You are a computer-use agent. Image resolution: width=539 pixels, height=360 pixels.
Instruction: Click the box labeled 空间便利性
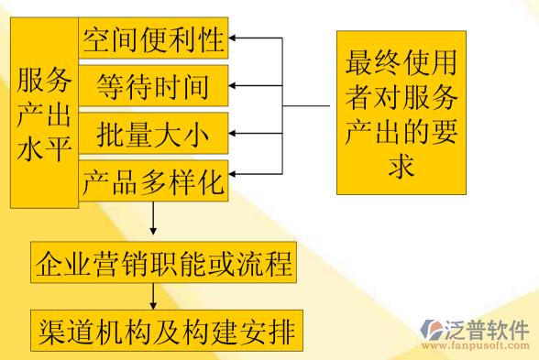coord(153,39)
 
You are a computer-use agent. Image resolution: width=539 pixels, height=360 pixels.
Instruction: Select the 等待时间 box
coord(153,87)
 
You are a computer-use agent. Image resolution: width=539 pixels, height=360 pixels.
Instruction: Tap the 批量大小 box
coord(153,136)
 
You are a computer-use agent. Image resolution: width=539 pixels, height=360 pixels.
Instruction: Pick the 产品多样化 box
coord(153,183)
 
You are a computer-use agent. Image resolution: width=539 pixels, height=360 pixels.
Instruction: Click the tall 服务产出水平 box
coord(44,115)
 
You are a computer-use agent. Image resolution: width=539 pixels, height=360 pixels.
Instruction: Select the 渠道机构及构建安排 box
coord(165,331)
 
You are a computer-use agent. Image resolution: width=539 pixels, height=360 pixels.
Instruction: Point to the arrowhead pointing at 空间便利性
coord(234,39)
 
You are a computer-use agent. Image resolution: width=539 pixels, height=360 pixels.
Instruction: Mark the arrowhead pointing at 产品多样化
coord(234,171)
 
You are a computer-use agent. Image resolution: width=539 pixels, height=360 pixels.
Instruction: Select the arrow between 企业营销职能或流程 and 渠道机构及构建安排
coord(153,298)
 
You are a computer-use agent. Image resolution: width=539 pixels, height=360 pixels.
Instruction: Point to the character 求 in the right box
coord(401,167)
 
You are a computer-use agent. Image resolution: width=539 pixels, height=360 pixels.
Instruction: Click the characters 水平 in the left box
coord(44,148)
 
